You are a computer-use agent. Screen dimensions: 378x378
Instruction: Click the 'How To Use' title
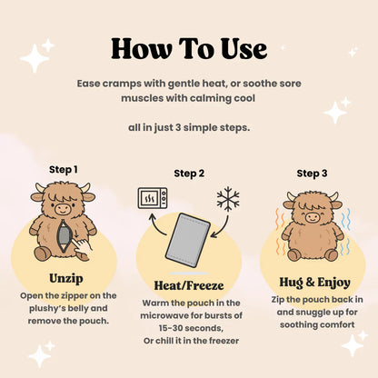point(189,49)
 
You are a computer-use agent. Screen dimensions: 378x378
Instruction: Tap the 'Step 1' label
point(64,170)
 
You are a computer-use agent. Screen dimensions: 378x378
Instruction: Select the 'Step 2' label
point(189,174)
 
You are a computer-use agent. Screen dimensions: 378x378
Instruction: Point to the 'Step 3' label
point(312,174)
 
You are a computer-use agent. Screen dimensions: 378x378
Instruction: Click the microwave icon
point(153,198)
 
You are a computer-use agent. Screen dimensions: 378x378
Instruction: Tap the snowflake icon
point(228,199)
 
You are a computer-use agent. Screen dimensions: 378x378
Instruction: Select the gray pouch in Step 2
point(188,241)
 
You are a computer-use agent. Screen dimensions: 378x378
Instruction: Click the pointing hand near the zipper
point(83,247)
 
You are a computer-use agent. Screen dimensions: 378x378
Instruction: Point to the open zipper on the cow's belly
point(65,236)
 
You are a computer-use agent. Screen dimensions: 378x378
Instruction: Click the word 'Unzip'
point(66,279)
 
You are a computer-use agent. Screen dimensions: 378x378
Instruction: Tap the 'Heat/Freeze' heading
point(189,285)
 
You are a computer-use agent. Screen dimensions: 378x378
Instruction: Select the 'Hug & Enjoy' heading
point(314,283)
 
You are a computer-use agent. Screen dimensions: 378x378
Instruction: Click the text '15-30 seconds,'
point(191,328)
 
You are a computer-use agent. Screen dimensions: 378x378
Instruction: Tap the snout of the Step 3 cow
point(312,217)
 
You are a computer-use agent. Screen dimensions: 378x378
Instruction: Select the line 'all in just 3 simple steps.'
point(189,127)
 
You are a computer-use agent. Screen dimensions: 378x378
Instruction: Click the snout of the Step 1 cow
point(63,208)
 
